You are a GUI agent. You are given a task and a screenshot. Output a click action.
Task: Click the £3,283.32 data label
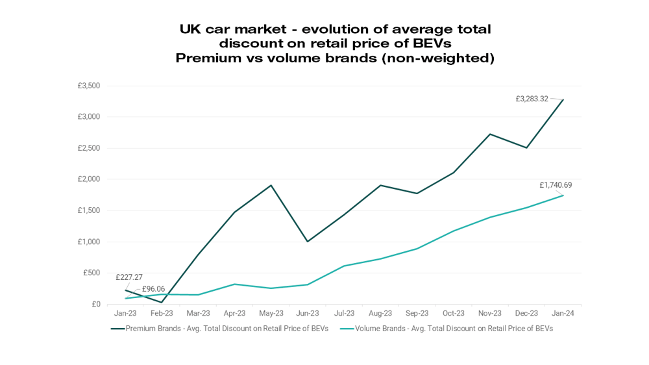pos(532,99)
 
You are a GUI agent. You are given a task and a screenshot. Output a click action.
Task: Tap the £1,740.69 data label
pos(556,185)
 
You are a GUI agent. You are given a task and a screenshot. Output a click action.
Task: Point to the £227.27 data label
pos(129,277)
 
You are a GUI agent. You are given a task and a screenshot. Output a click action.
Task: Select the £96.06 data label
pos(153,289)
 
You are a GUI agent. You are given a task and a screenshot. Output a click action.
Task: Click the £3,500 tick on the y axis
pos(88,86)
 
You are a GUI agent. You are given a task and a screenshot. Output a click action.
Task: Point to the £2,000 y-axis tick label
pos(88,179)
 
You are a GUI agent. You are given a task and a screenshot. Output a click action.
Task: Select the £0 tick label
pos(95,304)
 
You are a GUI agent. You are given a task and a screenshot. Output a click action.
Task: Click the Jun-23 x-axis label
pos(308,313)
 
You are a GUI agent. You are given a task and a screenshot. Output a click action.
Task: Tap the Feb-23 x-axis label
pos(162,313)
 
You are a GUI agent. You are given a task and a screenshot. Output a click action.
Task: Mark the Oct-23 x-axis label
pos(454,313)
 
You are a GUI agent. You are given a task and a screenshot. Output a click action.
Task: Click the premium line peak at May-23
pos(271,185)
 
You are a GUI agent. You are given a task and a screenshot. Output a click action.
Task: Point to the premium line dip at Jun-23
pos(308,242)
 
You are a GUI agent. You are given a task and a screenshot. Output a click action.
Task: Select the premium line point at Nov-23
pos(491,134)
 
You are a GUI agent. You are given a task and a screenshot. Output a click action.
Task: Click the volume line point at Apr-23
pos(235,284)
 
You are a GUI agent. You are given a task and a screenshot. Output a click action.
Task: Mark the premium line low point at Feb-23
pos(162,302)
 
